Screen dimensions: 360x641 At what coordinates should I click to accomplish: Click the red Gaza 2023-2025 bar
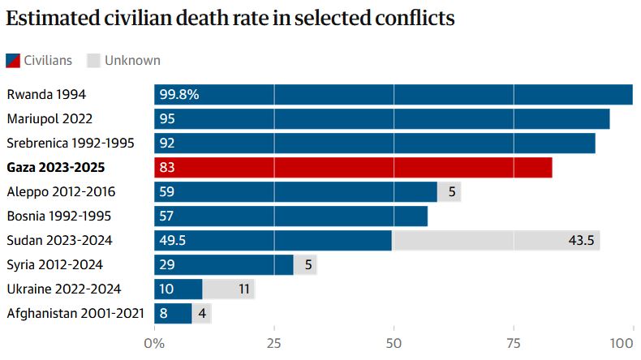[x=353, y=168]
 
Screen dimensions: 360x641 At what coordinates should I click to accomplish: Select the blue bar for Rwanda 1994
[x=394, y=95]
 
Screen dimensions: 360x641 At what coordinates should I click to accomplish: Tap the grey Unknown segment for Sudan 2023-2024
[x=496, y=241]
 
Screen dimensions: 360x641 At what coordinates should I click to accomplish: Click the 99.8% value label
[x=179, y=95]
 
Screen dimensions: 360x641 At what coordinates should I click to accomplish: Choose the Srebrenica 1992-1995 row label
[x=71, y=144]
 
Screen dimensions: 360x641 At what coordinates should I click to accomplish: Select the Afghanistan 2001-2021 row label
[x=75, y=313]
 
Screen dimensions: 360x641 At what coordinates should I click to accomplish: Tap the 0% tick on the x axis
[x=154, y=342]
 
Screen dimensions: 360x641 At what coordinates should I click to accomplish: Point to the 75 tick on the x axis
[x=514, y=342]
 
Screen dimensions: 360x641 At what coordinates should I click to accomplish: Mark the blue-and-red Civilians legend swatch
[x=14, y=60]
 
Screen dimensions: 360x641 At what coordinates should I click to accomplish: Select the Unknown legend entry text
[x=131, y=60]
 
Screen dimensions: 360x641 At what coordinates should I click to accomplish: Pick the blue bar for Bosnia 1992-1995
[x=290, y=216]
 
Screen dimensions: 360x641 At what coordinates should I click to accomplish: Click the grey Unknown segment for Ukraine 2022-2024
[x=228, y=289]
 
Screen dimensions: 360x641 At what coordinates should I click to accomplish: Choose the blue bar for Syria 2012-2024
[x=224, y=265]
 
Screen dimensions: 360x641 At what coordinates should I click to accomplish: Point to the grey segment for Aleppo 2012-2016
[x=450, y=192]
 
